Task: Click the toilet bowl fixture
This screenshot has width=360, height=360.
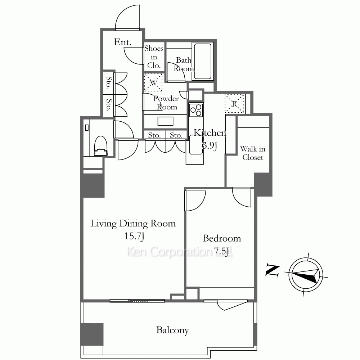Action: pos(100,146)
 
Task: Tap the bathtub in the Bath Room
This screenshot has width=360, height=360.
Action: pos(203,61)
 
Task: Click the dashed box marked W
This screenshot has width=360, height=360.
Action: pos(153,82)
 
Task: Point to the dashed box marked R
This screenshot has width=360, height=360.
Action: pos(234,104)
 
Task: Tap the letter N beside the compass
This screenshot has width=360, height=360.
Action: pos(272,271)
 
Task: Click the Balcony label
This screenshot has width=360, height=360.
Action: pos(172,330)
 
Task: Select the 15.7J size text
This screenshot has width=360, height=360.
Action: pos(134,236)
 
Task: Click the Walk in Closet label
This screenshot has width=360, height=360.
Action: pos(253,153)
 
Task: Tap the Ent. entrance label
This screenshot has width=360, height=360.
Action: pos(123,42)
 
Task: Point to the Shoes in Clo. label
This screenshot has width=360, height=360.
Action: pos(154,57)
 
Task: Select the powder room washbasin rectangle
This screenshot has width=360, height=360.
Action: pos(166,121)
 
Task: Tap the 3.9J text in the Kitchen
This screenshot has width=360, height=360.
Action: pos(210,145)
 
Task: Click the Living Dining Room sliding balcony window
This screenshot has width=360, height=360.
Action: pos(137,301)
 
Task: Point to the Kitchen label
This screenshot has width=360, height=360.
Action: pos(210,133)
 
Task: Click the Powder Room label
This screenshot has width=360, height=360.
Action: pos(166,103)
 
